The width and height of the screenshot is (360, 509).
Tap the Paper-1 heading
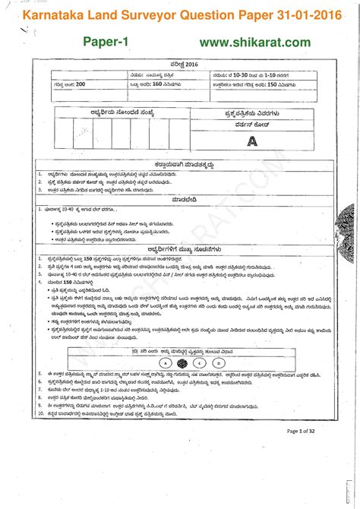106,42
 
